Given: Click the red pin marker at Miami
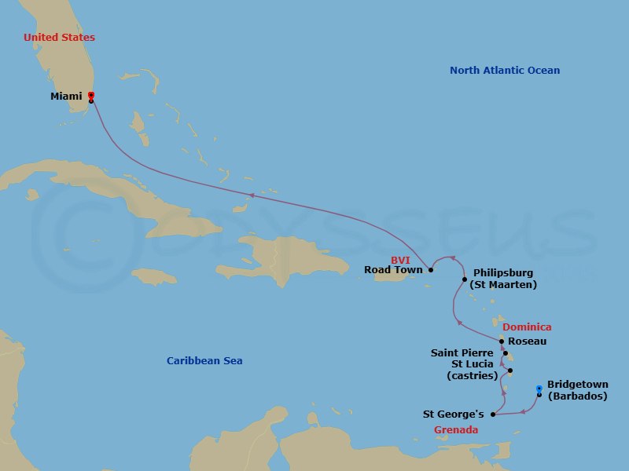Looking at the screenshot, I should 91,96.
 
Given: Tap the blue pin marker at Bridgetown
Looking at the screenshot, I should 539,389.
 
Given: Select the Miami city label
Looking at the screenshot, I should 66,97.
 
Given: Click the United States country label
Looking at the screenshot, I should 59,38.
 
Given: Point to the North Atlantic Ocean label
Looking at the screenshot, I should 505,71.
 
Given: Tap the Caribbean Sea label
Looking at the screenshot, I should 204,361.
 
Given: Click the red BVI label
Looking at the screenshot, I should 400,260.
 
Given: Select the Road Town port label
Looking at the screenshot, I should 394,270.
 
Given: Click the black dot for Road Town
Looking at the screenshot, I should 431,270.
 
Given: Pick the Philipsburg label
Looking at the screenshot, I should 502,272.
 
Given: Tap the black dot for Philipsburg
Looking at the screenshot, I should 464,279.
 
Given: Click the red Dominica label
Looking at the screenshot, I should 527,327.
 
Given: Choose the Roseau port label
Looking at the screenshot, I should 528,341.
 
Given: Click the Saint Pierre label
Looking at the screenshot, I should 462,353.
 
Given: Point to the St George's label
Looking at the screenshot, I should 454,414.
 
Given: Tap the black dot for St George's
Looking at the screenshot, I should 493,414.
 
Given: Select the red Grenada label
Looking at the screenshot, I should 456,430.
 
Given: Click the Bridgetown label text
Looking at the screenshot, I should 578,385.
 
